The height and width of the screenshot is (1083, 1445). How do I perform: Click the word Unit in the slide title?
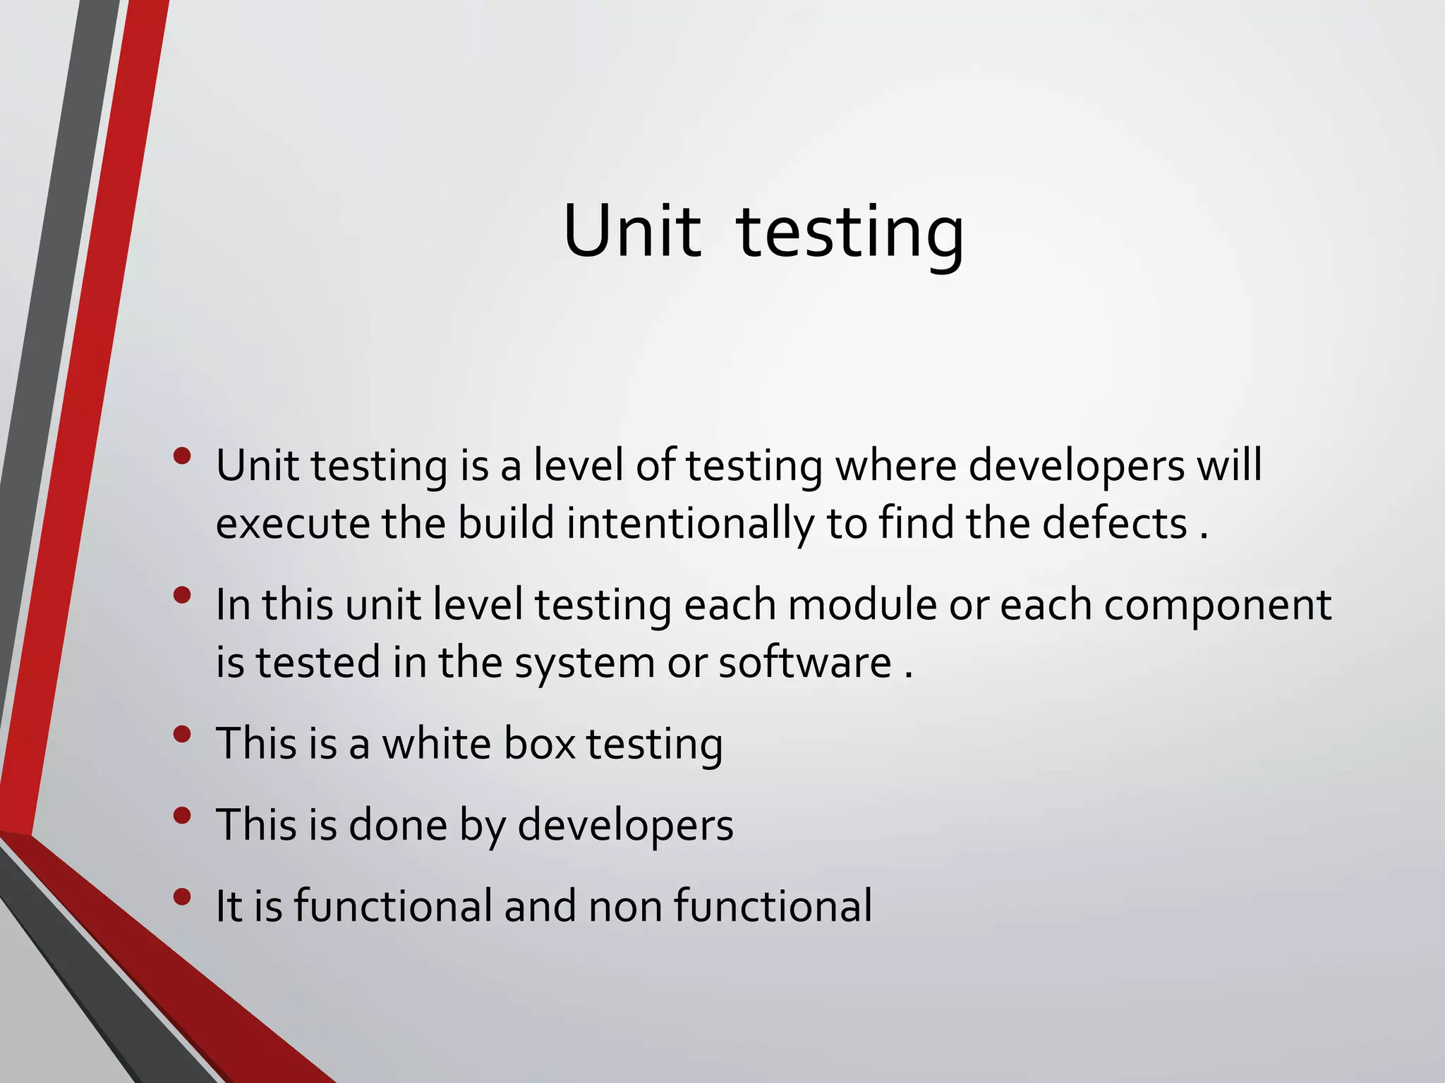click(x=632, y=231)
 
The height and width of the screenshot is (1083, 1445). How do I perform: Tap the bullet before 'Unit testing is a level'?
click(x=181, y=456)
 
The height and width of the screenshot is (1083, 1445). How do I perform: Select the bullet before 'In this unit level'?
click(x=181, y=595)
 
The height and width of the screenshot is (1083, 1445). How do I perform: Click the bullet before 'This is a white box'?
click(x=181, y=734)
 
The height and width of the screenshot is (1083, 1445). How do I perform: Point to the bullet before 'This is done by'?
click(x=181, y=816)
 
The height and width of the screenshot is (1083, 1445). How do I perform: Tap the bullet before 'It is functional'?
click(x=181, y=897)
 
